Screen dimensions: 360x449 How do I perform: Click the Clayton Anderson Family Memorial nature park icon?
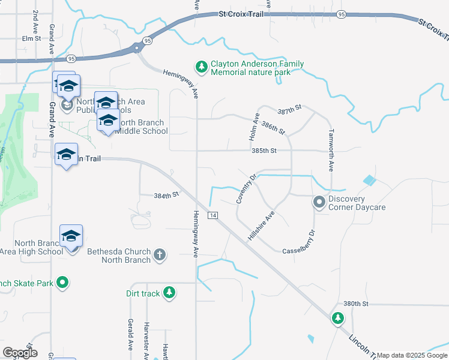(202, 65)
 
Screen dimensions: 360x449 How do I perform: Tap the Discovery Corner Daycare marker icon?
(319, 203)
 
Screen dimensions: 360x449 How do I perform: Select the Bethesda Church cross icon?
(160, 255)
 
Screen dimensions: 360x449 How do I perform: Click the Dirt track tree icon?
(170, 292)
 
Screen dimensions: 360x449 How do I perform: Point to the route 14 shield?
(212, 215)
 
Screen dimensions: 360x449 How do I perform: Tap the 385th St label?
(264, 151)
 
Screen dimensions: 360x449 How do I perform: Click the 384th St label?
(166, 195)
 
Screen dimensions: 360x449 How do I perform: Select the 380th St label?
(355, 304)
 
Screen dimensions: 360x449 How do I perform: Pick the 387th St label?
(289, 112)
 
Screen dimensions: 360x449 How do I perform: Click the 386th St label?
(273, 128)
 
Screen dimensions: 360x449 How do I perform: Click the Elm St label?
(31, 38)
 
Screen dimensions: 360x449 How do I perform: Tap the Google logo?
(20, 353)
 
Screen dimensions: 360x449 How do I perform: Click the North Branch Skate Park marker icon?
(62, 283)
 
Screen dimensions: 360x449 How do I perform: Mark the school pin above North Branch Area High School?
(71, 236)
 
